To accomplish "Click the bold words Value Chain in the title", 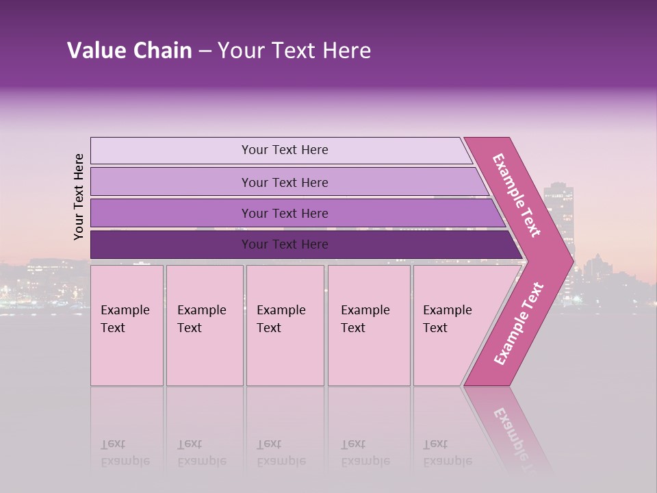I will (x=129, y=51).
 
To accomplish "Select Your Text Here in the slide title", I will (x=294, y=51).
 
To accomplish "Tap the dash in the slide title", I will (x=205, y=51).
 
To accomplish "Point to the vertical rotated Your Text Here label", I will (x=79, y=197).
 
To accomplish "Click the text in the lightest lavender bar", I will (x=285, y=150).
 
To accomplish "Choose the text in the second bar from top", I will (x=285, y=183).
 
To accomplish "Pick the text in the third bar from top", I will (x=285, y=214).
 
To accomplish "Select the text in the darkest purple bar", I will (x=285, y=244).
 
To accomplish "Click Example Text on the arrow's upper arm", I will (x=517, y=195).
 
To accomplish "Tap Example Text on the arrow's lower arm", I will (x=519, y=323).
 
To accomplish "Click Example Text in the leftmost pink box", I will (x=125, y=319).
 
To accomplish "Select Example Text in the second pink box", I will (x=201, y=319).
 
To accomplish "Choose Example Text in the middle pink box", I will (x=281, y=319).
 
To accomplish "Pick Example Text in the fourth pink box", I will (x=365, y=319).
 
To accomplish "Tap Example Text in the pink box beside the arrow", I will (x=447, y=319).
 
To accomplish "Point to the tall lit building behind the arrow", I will (x=558, y=205).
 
